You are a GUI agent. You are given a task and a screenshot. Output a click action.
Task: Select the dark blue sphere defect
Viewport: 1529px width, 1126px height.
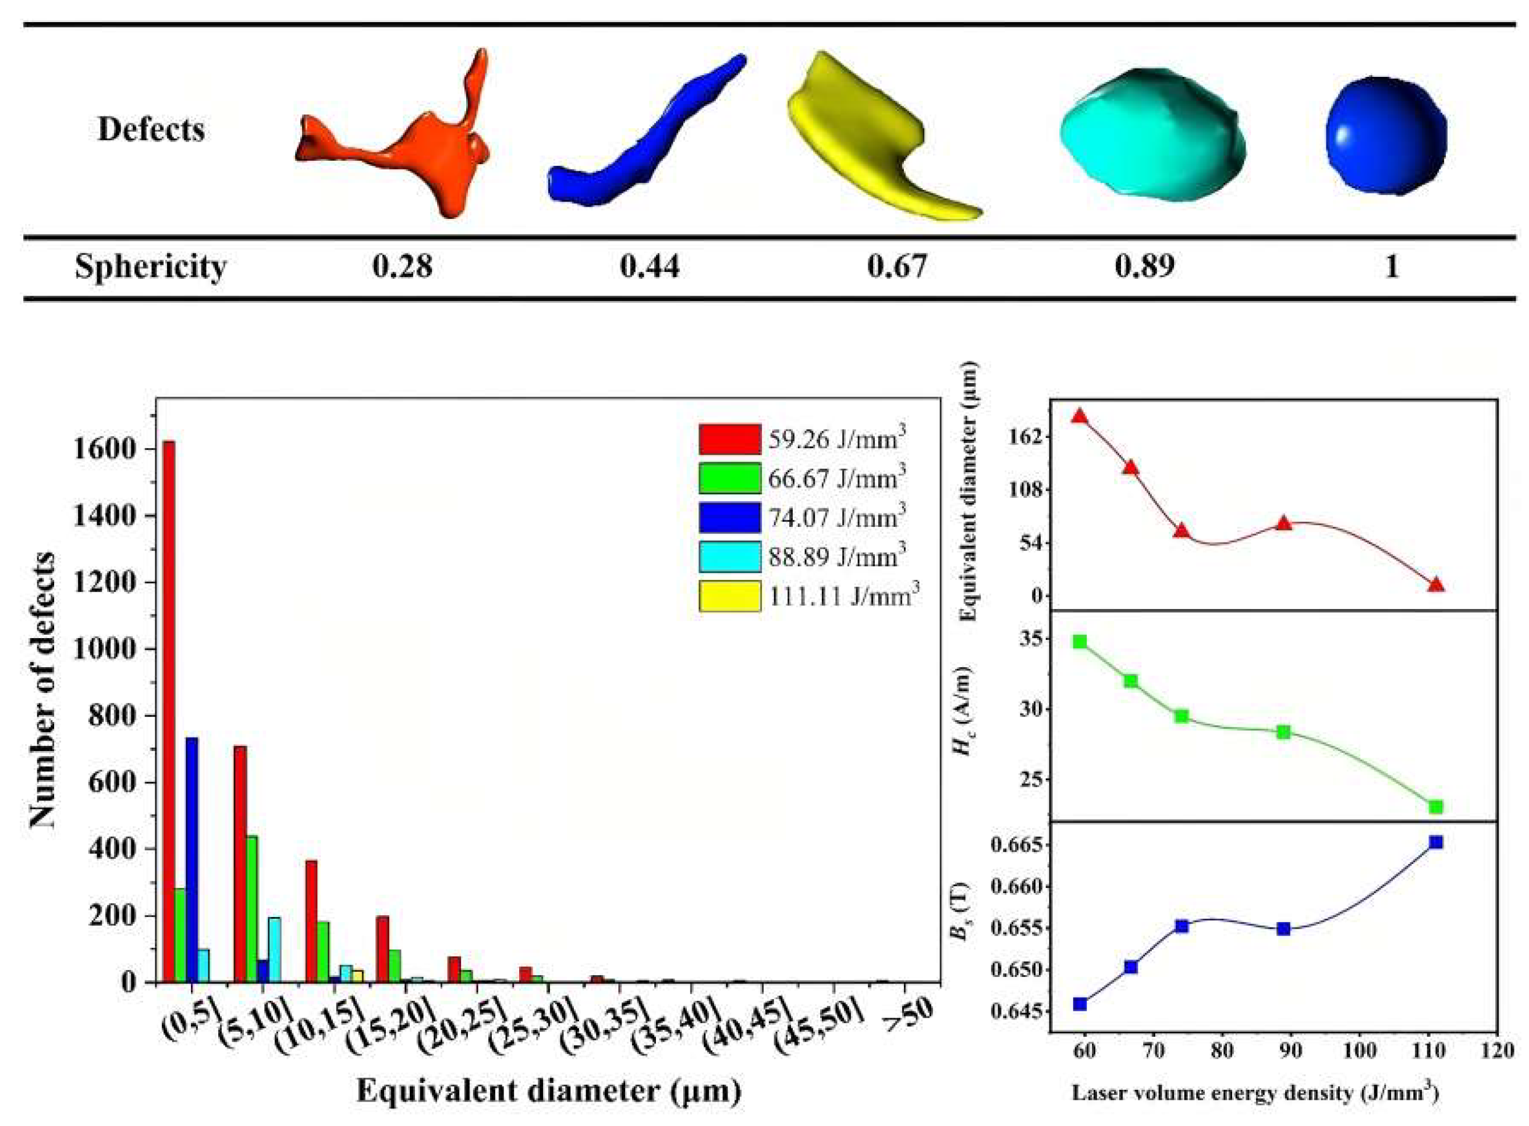click(x=1385, y=136)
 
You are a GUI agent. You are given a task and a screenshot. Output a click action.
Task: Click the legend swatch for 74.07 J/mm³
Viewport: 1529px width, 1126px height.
click(x=729, y=518)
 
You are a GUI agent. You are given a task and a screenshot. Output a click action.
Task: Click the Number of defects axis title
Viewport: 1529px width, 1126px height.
click(x=42, y=688)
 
